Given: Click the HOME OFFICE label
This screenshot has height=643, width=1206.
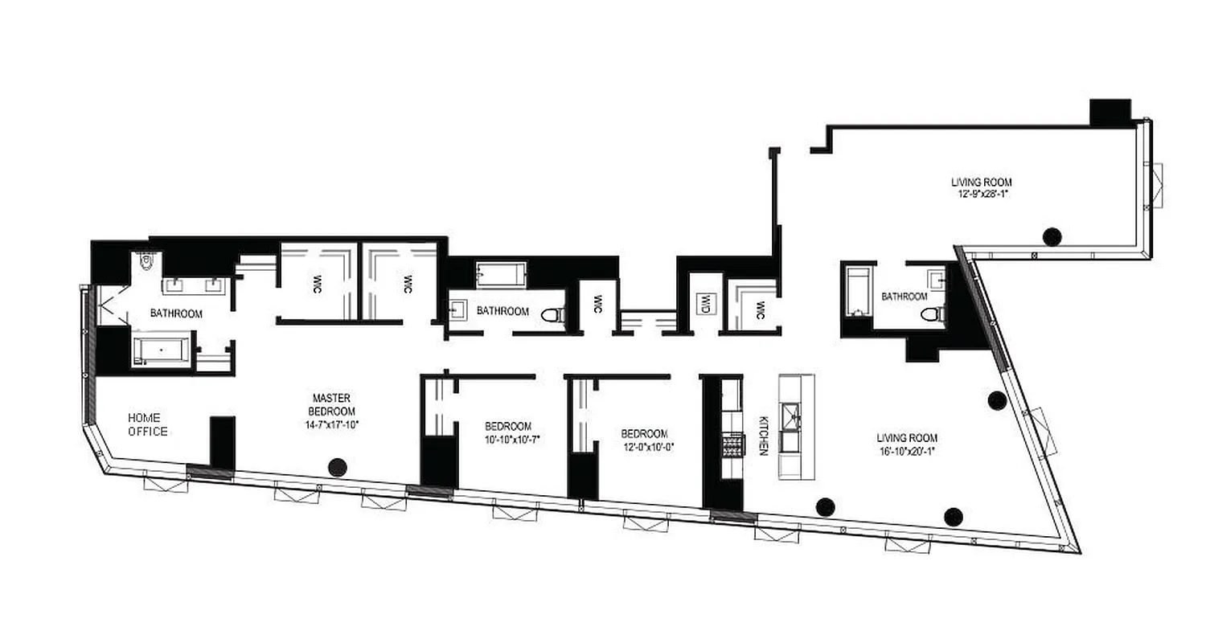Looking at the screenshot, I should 148,424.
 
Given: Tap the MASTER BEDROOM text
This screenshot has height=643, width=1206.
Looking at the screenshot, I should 330,405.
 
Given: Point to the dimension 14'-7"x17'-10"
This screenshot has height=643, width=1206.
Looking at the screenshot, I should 330,426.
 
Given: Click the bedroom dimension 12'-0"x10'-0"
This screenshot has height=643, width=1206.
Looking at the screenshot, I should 646,446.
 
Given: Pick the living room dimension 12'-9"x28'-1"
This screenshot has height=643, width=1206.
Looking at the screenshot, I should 979,194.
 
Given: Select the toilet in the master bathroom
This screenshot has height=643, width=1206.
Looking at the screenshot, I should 146,260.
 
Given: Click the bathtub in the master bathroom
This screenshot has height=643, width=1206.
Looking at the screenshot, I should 162,350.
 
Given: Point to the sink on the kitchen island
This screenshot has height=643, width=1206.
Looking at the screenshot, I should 795,416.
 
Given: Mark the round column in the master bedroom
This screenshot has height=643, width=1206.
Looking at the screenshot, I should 338,466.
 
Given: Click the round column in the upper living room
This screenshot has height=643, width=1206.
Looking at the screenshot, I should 1052,236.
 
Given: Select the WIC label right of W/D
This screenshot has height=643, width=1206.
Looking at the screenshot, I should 758,307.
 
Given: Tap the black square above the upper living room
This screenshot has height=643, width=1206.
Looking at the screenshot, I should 1110,112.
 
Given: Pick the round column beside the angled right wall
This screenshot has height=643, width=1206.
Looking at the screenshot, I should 997,399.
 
